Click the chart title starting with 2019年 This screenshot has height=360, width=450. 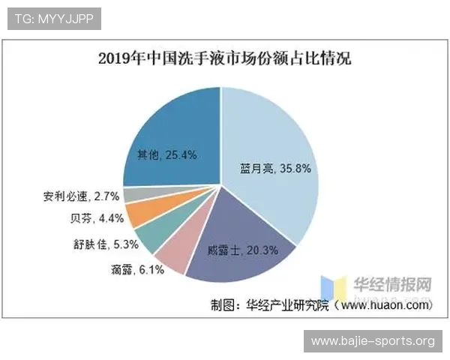coord(225,59)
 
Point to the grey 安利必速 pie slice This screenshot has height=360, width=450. coord(133,195)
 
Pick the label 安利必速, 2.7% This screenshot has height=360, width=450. coord(81,197)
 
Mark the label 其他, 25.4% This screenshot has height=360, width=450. coord(166,155)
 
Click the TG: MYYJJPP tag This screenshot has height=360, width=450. coord(54,19)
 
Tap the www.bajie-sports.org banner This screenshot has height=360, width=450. coord(373,341)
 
